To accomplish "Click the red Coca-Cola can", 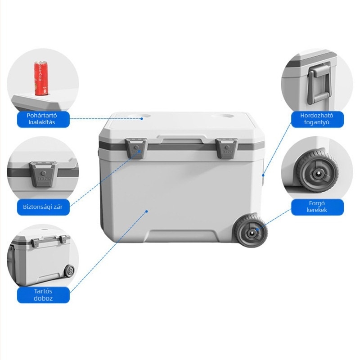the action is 41,78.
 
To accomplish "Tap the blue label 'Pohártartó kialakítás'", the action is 43,119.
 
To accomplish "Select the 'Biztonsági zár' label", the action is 43,207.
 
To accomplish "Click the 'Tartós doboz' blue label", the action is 43,295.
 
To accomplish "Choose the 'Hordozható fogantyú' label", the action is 317,119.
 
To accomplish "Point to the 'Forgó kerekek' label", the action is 317,207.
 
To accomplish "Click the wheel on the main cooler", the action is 251,231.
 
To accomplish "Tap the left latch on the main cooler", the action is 136,148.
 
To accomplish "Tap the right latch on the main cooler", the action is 226,148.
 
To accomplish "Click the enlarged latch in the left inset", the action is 43,173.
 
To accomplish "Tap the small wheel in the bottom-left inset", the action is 69,271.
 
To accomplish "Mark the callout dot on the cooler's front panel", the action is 147,211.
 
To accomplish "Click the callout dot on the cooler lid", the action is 142,119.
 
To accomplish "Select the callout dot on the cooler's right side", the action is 263,175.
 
